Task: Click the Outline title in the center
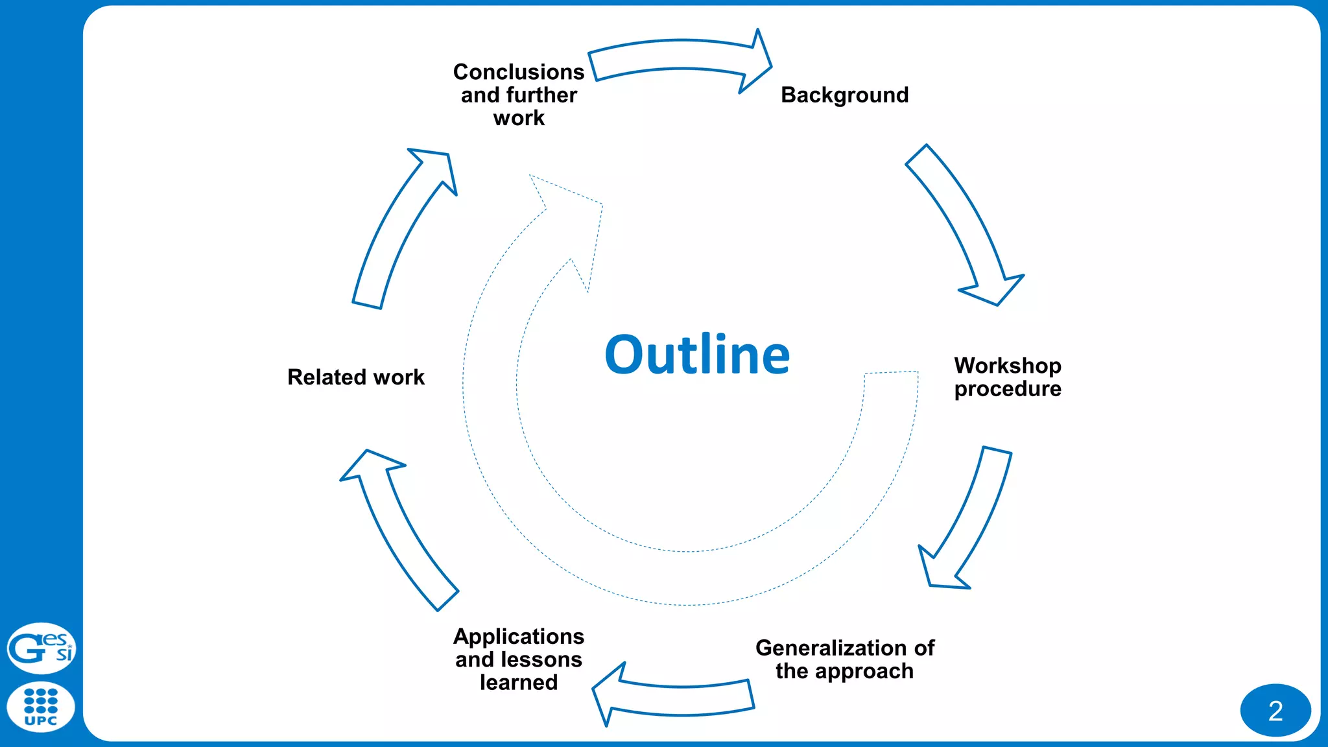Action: tap(697, 355)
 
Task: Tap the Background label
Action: tap(844, 95)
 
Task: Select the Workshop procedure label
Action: tap(1007, 377)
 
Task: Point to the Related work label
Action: tap(356, 377)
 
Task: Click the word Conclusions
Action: tap(519, 72)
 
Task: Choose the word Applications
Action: tap(519, 637)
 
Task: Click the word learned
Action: tap(519, 683)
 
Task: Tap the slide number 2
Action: tap(1275, 711)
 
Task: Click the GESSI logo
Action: tap(41, 648)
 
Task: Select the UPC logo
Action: tap(41, 707)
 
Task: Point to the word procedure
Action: tap(1007, 389)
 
